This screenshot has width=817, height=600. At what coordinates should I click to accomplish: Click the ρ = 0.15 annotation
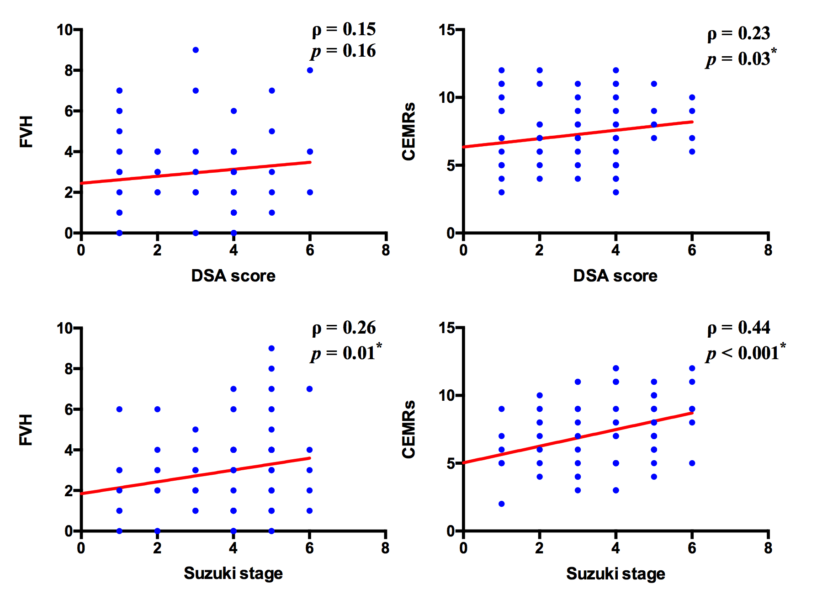tap(344, 29)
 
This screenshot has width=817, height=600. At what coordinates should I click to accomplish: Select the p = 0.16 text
tap(344, 51)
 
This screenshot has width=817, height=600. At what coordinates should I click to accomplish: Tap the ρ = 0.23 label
tap(738, 33)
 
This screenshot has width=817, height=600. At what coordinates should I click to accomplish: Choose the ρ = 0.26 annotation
tap(344, 328)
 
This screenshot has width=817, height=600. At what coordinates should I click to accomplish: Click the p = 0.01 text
tap(346, 353)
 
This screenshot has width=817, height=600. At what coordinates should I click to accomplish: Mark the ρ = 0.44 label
tap(738, 328)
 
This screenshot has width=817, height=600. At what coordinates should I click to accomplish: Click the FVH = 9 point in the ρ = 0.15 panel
tap(196, 50)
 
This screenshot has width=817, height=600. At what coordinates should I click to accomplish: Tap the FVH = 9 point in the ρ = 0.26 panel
tap(271, 348)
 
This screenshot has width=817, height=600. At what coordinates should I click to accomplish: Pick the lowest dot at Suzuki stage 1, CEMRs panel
tap(501, 504)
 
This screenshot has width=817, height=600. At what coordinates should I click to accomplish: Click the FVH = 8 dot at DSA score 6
tap(310, 70)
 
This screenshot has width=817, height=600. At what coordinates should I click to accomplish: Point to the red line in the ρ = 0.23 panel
tap(578, 135)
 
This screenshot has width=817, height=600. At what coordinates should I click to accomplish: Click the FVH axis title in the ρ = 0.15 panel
tap(26, 132)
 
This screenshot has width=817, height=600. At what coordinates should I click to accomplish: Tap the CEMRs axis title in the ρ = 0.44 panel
tap(408, 430)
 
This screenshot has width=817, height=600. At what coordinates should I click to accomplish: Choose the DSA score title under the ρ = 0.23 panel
tap(615, 276)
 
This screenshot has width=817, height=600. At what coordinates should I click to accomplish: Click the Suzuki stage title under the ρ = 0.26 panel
tap(233, 573)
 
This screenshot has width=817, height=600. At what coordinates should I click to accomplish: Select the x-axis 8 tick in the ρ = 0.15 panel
tap(386, 250)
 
